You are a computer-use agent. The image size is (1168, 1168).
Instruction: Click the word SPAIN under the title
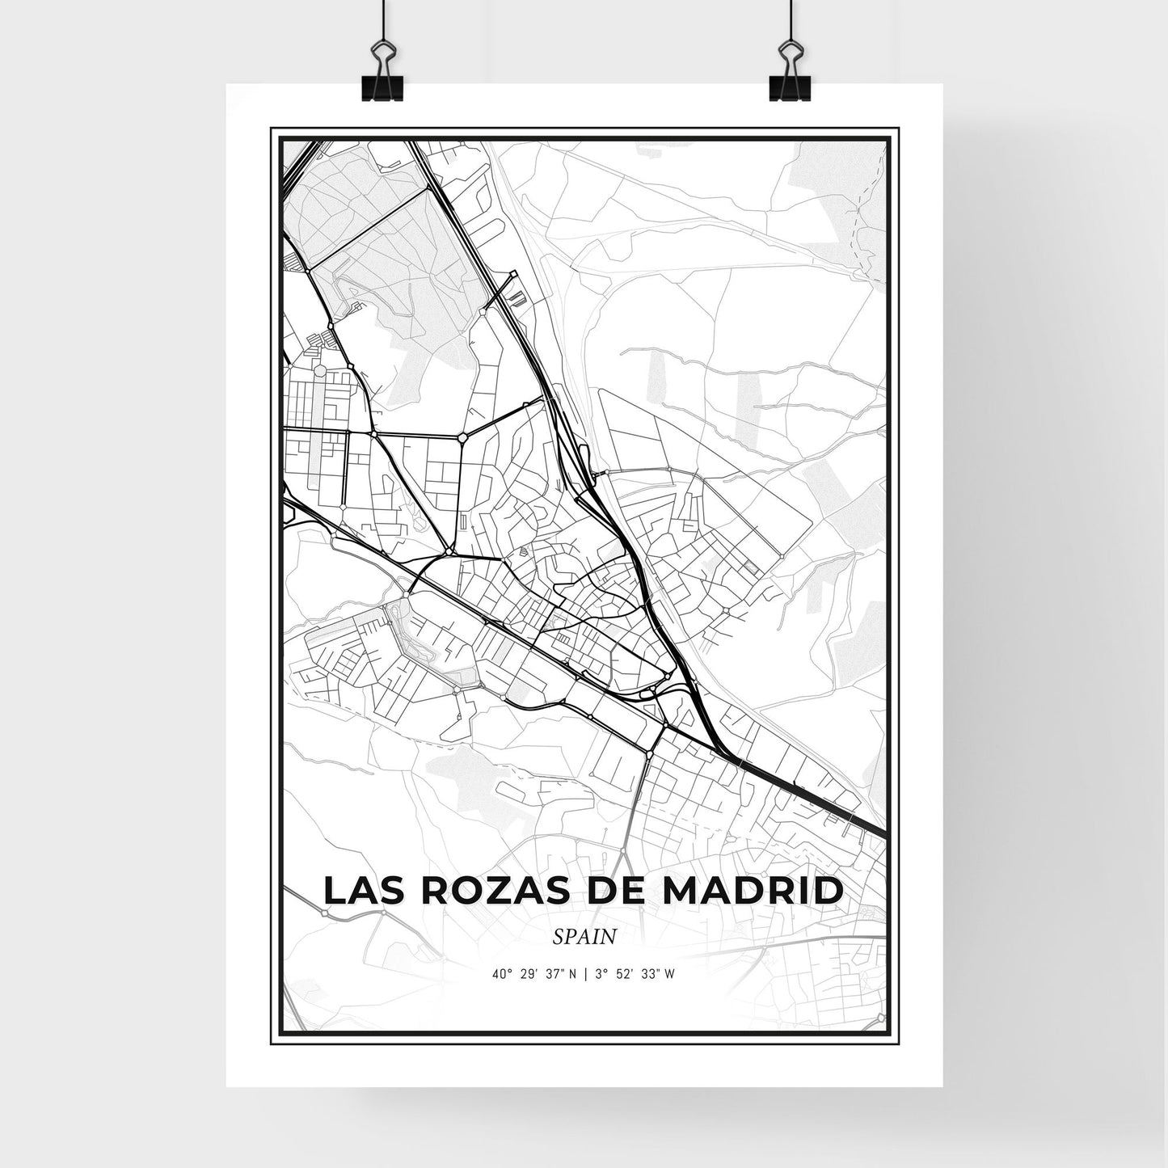[585, 937]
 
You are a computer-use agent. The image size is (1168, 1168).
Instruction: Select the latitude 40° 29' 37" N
[534, 974]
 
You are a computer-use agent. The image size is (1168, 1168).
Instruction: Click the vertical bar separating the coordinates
[585, 974]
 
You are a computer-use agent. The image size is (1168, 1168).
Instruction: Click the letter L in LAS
[332, 891]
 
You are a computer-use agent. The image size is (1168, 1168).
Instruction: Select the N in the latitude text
[572, 974]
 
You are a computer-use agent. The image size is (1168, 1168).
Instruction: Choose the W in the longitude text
[670, 974]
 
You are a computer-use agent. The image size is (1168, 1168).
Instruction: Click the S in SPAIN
[559, 937]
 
